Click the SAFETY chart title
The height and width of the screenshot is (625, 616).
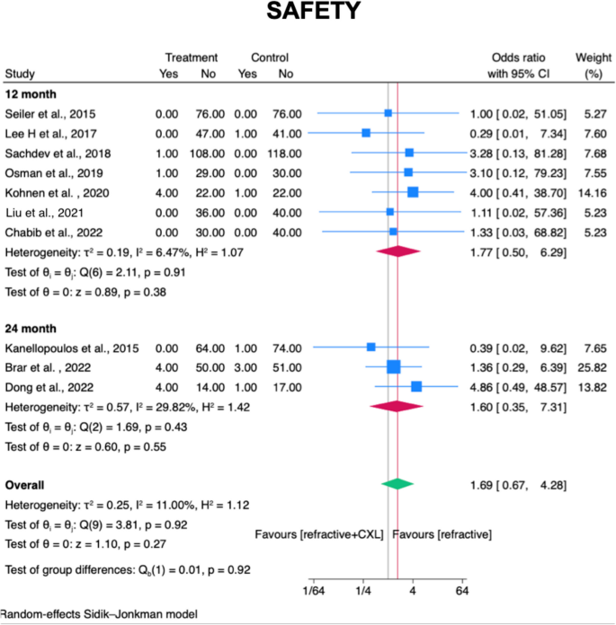tap(308, 13)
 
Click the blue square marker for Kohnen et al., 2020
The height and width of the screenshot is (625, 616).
tap(413, 191)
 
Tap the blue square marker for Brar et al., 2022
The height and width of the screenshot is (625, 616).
tap(393, 366)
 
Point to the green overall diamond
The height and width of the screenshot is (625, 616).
tap(397, 483)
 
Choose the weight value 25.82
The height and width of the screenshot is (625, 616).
tap(588, 366)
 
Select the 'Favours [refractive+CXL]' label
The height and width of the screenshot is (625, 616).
tap(320, 534)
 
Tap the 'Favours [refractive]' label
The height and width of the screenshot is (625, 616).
tap(442, 534)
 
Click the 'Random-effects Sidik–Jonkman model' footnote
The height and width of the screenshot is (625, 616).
tap(98, 614)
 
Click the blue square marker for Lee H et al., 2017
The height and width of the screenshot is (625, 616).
tap(366, 133)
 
